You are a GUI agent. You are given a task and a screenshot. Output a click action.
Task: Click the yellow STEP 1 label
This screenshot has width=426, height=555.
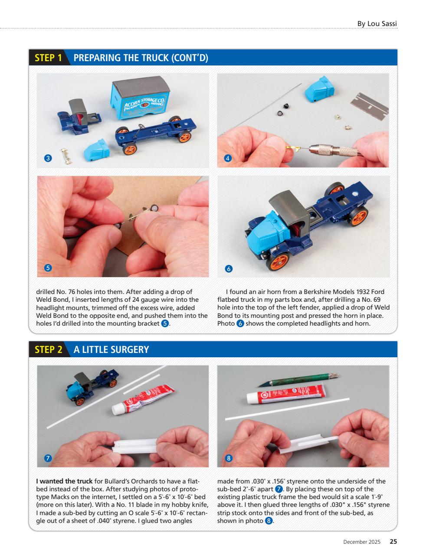(x=48, y=58)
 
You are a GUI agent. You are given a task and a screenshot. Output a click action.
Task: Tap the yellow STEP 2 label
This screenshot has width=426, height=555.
(x=48, y=349)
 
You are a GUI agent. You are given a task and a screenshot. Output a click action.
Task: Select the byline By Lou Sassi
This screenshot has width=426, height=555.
(x=377, y=23)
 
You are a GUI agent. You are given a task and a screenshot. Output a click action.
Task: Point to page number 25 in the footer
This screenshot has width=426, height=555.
(x=393, y=542)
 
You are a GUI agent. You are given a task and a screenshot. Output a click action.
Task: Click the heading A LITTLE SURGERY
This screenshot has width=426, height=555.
(x=111, y=349)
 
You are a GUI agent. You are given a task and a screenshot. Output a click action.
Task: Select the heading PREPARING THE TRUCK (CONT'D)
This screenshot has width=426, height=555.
(x=141, y=58)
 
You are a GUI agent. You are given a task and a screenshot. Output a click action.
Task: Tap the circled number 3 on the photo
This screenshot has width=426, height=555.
(x=49, y=158)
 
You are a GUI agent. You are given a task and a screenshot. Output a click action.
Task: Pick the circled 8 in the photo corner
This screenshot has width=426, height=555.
(x=229, y=458)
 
